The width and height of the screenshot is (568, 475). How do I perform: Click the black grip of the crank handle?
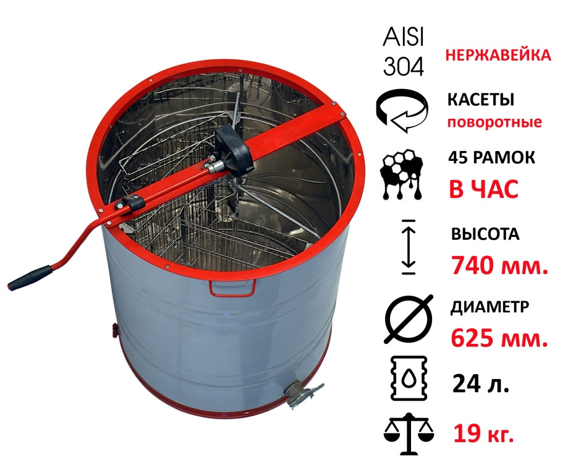coord(30,278)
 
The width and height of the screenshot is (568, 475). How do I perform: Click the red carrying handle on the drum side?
coord(232,288)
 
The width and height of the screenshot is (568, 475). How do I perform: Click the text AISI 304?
coord(403,52)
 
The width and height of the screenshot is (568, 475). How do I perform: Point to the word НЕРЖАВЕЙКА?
coord(498,56)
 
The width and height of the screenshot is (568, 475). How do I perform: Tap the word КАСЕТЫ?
coord(481,100)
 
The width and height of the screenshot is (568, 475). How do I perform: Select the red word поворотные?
coord(494,122)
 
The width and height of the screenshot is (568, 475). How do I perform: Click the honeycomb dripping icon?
coord(402,173)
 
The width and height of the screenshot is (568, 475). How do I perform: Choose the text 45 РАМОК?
coord(491,158)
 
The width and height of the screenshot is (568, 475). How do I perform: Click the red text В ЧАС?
coord(483,189)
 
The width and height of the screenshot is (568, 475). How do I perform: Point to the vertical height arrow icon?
coord(409,247)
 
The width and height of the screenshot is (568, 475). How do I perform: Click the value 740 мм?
coord(499,265)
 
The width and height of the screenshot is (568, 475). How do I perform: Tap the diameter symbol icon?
coord(409,319)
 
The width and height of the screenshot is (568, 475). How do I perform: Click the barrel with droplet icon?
coord(409,378)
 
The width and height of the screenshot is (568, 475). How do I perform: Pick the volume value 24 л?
coord(481,383)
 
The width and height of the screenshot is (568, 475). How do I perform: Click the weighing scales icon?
coord(409,434)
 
